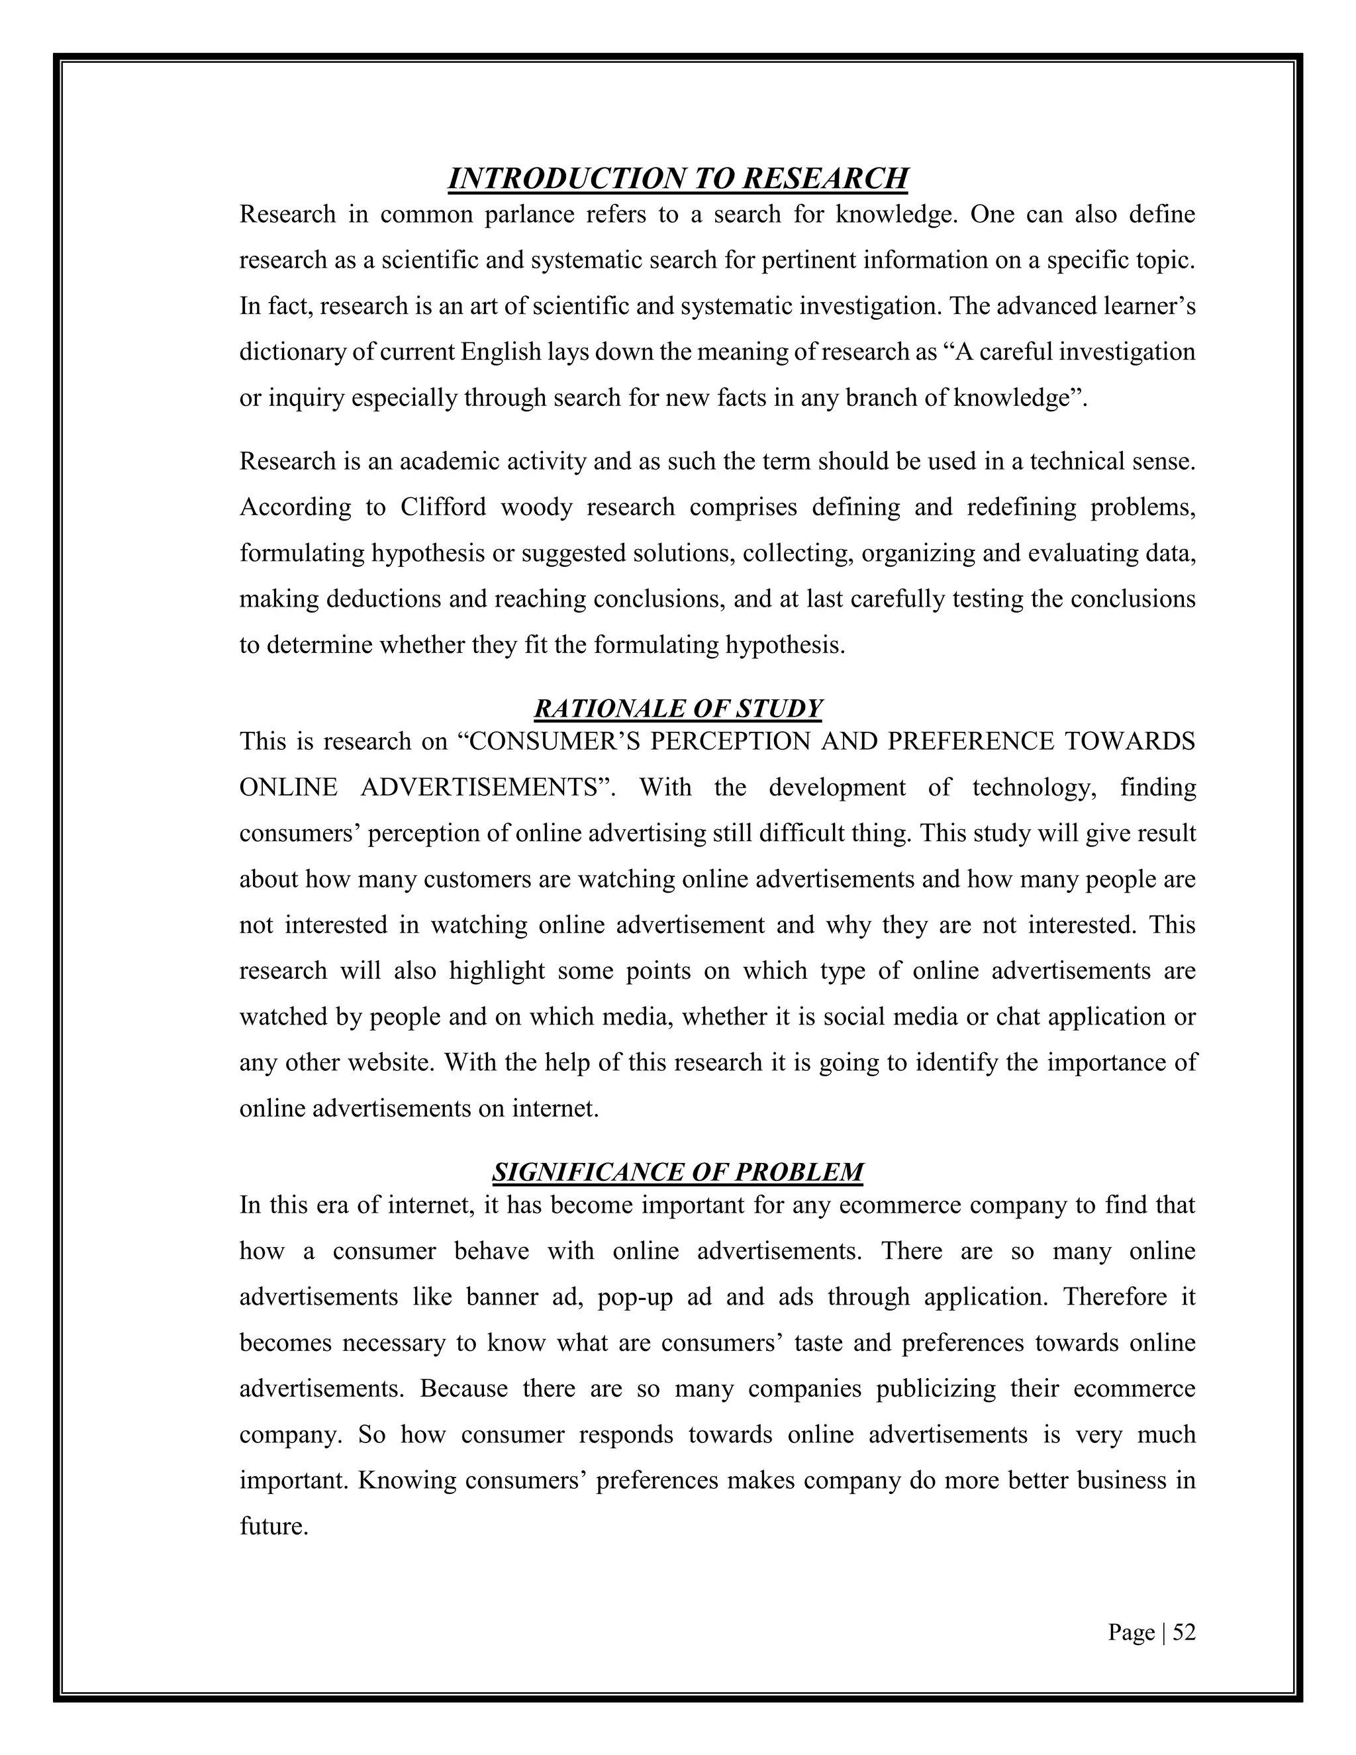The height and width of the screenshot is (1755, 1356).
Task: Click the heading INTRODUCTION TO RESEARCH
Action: (x=677, y=178)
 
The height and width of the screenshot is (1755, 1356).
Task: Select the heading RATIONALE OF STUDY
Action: (x=677, y=708)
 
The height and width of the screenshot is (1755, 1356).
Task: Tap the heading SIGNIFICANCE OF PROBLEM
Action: (x=677, y=1172)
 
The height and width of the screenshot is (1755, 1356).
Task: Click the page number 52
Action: (x=1184, y=1632)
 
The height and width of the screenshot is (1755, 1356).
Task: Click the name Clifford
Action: (x=443, y=507)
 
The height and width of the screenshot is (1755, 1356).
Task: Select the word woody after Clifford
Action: (x=534, y=507)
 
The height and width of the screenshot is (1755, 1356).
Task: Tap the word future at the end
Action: (x=273, y=1526)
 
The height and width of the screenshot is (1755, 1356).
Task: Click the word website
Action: (x=389, y=1062)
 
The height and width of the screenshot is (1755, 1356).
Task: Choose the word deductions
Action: (x=384, y=599)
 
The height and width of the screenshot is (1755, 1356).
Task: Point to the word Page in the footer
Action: (x=1131, y=1632)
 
